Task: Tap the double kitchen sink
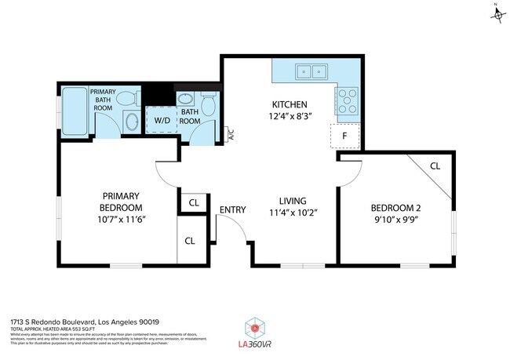(x=311, y=72)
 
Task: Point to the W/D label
(x=162, y=121)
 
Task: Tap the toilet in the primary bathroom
(x=126, y=97)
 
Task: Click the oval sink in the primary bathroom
(x=131, y=122)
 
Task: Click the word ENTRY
(x=232, y=209)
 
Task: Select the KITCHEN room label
(x=289, y=104)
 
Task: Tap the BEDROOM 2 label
(x=395, y=208)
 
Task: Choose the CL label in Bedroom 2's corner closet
(x=435, y=165)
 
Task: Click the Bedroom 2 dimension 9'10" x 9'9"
(x=395, y=220)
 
